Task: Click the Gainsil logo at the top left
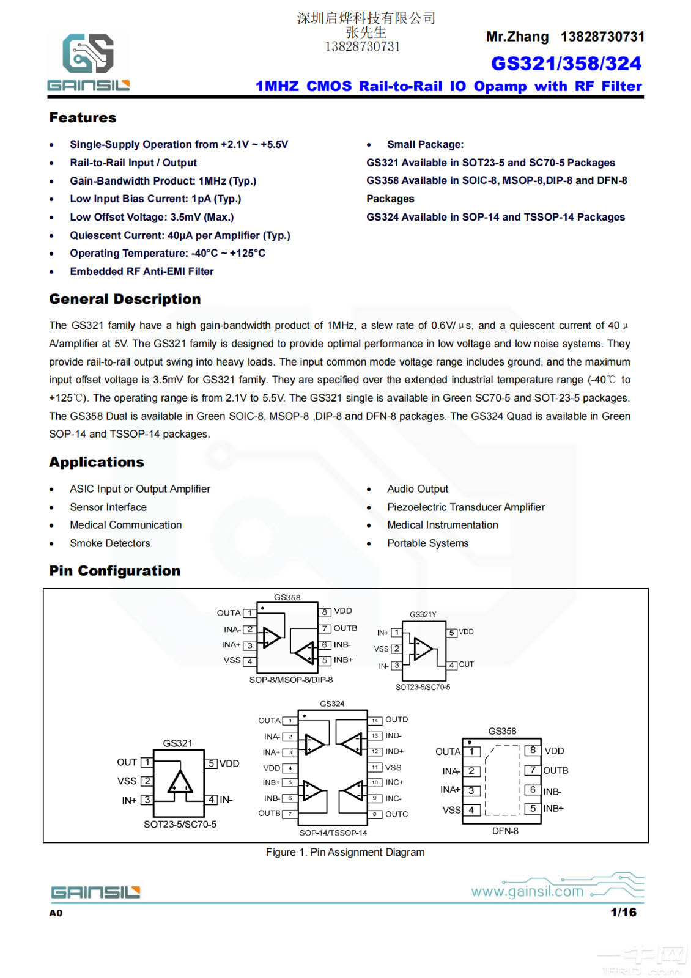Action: (x=88, y=62)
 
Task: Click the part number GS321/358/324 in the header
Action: (x=566, y=64)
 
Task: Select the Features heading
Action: (x=83, y=117)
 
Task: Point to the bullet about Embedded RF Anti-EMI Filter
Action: (x=141, y=271)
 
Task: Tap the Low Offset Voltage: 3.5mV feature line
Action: (x=151, y=217)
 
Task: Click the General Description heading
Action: (x=125, y=299)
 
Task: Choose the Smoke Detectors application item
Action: (x=109, y=543)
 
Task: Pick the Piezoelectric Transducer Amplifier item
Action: (x=465, y=507)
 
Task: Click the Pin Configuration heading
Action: (x=114, y=571)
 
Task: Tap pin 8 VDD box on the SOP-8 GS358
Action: (x=325, y=612)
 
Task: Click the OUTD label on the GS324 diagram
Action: (x=396, y=719)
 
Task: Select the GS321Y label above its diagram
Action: (x=423, y=614)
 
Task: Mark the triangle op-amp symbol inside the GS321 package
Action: (x=180, y=782)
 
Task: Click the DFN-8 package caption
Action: (x=505, y=831)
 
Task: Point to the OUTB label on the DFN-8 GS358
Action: (x=555, y=770)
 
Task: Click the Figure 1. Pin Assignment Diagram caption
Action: (x=345, y=852)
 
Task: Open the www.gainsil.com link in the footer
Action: (x=527, y=891)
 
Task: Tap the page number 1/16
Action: (x=623, y=912)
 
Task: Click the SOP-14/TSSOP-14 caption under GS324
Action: (x=333, y=833)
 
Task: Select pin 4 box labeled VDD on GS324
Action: (x=290, y=768)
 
